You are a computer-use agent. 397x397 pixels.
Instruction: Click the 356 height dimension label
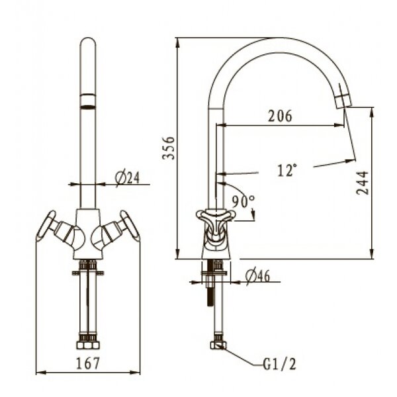click(x=169, y=148)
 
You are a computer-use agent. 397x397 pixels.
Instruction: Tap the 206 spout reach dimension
click(x=280, y=116)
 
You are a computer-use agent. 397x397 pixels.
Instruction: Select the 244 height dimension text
click(x=363, y=183)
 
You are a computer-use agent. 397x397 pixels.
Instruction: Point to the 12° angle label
click(x=287, y=170)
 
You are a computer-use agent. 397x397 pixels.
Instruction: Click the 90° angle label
click(x=243, y=202)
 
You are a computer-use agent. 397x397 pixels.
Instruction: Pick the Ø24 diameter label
click(x=127, y=178)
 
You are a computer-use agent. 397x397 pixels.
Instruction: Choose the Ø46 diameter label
click(x=257, y=276)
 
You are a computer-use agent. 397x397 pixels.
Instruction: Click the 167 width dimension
click(x=88, y=363)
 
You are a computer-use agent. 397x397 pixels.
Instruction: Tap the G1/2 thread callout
click(x=279, y=365)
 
